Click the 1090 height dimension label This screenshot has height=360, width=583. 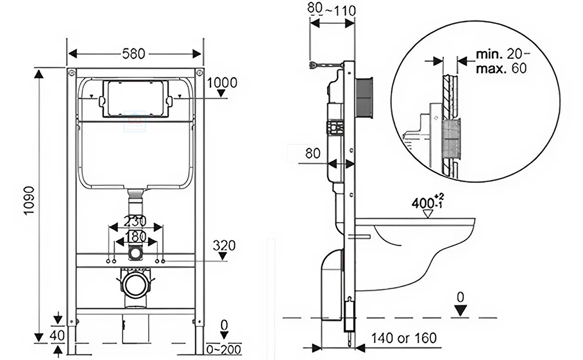(x=29, y=200)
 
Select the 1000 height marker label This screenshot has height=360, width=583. (x=221, y=82)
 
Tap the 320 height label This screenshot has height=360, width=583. (x=224, y=245)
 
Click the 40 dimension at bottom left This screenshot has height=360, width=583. (x=57, y=335)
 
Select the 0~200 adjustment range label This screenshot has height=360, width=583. (x=224, y=350)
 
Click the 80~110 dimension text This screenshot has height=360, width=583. (x=331, y=9)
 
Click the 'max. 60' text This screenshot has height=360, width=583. (x=500, y=68)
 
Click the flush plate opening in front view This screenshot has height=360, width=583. (x=135, y=98)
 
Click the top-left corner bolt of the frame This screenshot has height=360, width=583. (x=71, y=73)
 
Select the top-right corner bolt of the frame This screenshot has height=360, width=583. (x=199, y=73)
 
